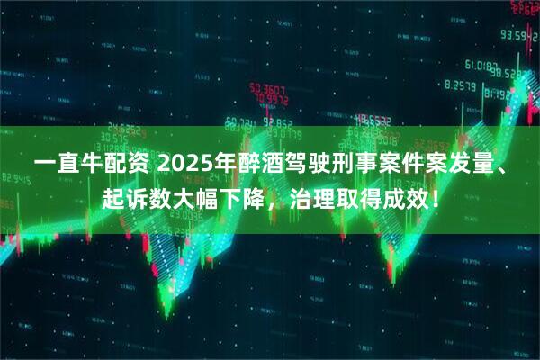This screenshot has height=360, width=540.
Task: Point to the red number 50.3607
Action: (269, 90)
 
